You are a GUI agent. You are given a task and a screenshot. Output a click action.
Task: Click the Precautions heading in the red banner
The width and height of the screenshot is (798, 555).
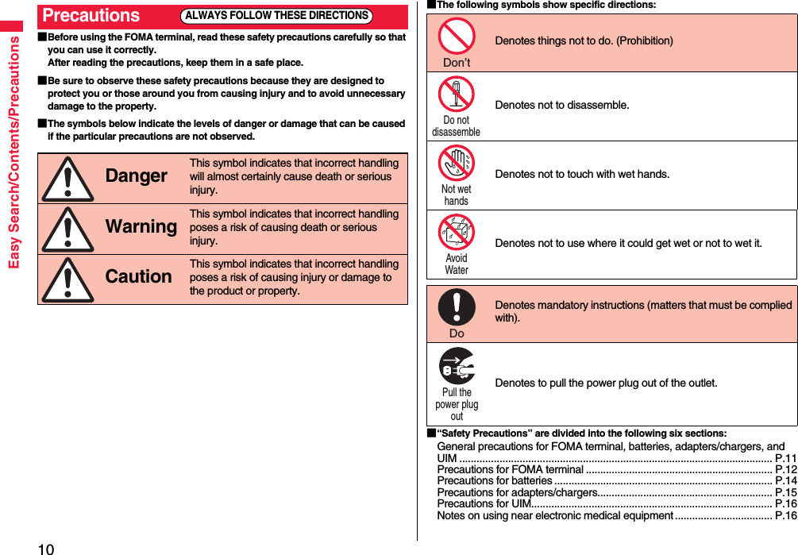(x=91, y=16)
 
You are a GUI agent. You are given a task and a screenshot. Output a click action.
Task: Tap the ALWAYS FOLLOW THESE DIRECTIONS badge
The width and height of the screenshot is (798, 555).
(x=276, y=16)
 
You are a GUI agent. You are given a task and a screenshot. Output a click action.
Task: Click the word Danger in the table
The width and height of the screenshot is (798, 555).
(x=136, y=176)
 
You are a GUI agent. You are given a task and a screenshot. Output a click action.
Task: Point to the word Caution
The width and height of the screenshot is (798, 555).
(x=138, y=277)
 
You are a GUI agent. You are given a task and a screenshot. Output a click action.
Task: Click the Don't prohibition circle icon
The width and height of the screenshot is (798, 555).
(x=457, y=36)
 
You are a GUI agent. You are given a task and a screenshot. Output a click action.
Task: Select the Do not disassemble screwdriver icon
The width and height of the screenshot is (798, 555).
(x=457, y=94)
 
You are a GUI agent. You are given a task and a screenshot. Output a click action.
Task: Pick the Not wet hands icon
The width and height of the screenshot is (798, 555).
(x=457, y=163)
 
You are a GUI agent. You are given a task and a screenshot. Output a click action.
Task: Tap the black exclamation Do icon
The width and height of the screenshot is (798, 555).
(x=457, y=307)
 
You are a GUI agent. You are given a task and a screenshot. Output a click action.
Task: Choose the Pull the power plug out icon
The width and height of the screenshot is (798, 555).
(x=457, y=366)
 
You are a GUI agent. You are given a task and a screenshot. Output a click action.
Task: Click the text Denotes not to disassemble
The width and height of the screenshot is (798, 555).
(x=562, y=105)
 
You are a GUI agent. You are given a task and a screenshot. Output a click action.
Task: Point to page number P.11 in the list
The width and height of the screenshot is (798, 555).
(x=785, y=458)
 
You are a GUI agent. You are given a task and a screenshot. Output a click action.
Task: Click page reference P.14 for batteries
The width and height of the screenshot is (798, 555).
(x=785, y=480)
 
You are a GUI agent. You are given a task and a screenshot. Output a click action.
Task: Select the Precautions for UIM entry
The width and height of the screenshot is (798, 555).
(x=484, y=503)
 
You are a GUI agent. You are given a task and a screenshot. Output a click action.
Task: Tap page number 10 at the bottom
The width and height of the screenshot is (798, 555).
(x=45, y=549)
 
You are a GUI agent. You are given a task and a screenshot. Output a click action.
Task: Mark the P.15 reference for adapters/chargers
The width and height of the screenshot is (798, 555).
(x=785, y=492)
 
